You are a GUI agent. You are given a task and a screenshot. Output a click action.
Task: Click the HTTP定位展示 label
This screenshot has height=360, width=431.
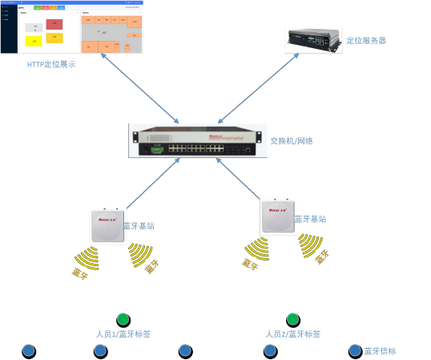tap(51, 64)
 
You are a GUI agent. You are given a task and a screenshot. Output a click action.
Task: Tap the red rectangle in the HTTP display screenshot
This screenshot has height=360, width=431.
tap(54, 24)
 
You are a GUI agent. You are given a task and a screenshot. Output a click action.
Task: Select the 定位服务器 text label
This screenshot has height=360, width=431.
tap(366, 40)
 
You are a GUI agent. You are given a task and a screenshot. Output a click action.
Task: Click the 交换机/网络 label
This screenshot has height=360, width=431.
tap(292, 140)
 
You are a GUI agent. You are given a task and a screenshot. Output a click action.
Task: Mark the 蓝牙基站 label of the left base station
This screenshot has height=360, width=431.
tap(139, 226)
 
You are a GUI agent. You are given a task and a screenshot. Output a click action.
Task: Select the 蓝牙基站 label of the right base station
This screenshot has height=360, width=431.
tap(310, 219)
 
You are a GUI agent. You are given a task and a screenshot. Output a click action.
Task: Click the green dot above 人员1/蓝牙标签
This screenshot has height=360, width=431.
tap(123, 319)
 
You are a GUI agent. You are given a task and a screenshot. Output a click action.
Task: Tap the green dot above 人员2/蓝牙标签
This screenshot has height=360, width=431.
tap(293, 319)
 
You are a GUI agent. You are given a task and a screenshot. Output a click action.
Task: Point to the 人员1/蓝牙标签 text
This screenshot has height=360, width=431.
tap(123, 334)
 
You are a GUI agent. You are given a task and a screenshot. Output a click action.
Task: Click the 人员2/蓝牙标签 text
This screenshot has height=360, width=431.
tap(292, 334)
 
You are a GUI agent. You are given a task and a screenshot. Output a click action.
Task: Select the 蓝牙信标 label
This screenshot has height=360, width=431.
tap(381, 350)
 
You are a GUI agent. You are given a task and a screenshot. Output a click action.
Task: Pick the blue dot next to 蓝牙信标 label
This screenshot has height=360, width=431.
tap(355, 350)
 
